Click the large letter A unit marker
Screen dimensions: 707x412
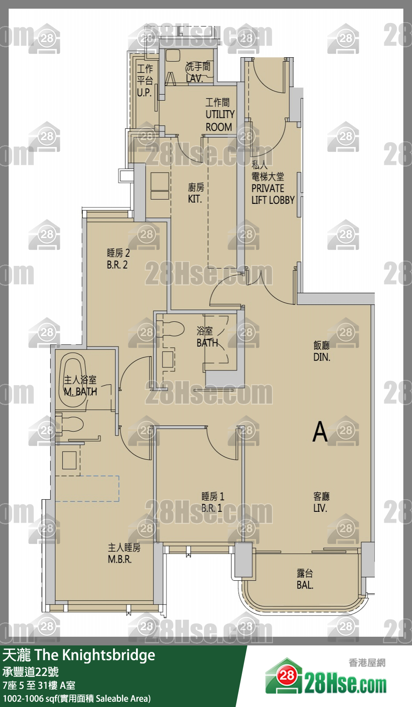[320, 432]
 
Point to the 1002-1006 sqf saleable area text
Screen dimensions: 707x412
[77, 699]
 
